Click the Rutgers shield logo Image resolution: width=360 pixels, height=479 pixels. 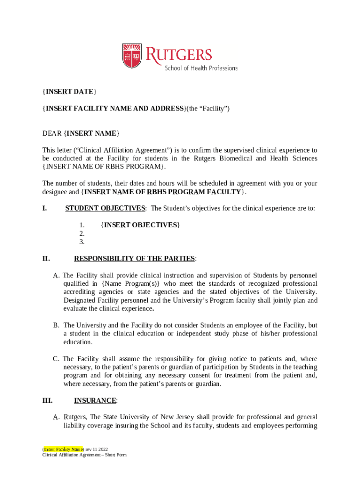point(132,56)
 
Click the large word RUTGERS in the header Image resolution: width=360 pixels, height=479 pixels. point(179,54)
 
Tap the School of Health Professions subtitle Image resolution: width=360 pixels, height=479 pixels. point(201,68)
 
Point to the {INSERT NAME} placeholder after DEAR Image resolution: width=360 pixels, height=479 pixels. point(92,134)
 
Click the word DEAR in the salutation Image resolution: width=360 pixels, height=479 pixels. point(52,134)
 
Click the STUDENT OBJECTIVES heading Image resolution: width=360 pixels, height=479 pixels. point(105,208)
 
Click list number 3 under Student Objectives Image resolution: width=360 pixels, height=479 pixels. point(82,242)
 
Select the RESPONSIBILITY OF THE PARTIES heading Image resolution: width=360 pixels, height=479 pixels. point(135,259)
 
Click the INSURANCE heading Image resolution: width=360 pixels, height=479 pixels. point(95,400)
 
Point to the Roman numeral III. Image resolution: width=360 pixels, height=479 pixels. point(47,400)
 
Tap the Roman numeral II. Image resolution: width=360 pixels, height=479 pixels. point(46,259)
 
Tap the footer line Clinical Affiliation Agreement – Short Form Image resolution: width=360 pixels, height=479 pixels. point(84,455)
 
